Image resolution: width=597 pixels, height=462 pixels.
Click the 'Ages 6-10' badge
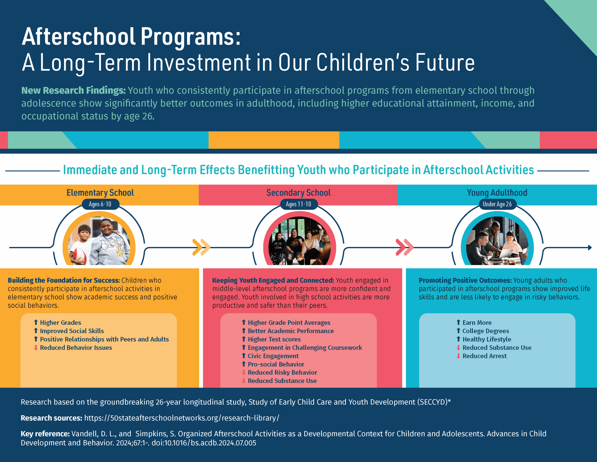tap(100, 204)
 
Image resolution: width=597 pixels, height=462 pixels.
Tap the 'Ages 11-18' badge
tap(298, 204)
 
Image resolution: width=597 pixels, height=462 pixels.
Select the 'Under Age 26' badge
tap(497, 204)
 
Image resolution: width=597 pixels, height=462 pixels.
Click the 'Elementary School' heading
tap(100, 192)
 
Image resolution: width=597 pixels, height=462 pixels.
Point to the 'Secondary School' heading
tap(298, 192)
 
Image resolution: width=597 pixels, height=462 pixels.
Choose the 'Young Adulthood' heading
tap(497, 192)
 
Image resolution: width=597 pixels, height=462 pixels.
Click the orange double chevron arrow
tap(201, 247)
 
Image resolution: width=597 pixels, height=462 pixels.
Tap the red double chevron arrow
tap(405, 247)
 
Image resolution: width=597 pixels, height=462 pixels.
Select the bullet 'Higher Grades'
tap(60, 323)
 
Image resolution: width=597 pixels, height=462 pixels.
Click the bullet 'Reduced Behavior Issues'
tap(76, 348)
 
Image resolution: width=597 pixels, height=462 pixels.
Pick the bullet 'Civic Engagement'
tap(273, 356)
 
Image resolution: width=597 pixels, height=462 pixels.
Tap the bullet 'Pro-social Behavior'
tap(276, 364)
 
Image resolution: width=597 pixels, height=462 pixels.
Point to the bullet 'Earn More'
tap(477, 323)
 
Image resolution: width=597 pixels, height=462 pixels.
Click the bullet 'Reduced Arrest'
tap(484, 356)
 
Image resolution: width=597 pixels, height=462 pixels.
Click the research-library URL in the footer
tap(181, 418)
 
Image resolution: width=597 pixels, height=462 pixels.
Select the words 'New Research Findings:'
tap(73, 90)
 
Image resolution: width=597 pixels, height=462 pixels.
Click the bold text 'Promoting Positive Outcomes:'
tap(465, 281)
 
